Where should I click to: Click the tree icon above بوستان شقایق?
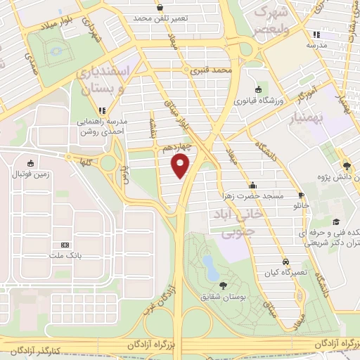(x=223, y=285)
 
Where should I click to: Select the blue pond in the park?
(x=209, y=265)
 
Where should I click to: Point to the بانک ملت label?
(x=65, y=256)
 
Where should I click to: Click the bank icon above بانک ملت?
(x=65, y=245)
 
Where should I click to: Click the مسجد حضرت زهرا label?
(x=253, y=195)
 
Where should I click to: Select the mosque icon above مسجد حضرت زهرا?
(x=253, y=185)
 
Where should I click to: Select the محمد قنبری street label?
(x=214, y=71)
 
